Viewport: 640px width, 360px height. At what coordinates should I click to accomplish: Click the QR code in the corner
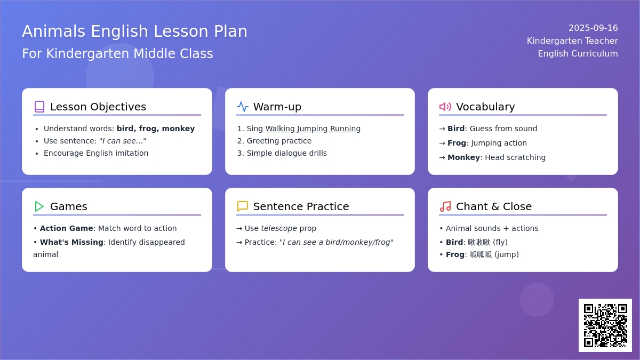[605, 325]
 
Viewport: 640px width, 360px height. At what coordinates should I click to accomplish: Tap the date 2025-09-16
[593, 28]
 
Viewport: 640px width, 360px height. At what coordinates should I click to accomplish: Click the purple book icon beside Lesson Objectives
[39, 107]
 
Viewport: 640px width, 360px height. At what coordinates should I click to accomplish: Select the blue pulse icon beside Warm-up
[243, 107]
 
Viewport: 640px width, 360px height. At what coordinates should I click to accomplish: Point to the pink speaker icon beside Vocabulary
[445, 107]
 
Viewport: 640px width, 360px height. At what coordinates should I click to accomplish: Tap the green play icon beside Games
[39, 206]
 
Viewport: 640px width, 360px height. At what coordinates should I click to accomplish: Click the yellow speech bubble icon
[243, 206]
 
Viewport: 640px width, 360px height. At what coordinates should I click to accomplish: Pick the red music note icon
[445, 206]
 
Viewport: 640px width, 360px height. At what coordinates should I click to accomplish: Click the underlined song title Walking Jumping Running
[313, 129]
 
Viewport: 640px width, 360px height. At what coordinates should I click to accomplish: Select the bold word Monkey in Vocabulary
[463, 157]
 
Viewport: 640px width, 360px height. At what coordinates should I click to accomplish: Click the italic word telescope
[279, 228]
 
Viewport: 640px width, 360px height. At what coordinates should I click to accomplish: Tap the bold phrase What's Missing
[71, 242]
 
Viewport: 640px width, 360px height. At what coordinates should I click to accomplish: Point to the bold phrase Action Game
[66, 228]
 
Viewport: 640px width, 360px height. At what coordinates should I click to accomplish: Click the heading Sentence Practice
[301, 206]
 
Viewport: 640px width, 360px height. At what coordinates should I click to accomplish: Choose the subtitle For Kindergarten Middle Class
[117, 53]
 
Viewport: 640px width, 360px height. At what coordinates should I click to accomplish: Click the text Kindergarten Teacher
[572, 41]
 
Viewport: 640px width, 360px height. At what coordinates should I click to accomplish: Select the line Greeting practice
[279, 141]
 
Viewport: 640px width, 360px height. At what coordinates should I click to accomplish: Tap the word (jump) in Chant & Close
[507, 254]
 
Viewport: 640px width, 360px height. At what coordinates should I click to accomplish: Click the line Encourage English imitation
[96, 153]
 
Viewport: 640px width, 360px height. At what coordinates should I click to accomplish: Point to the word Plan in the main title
[230, 31]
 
